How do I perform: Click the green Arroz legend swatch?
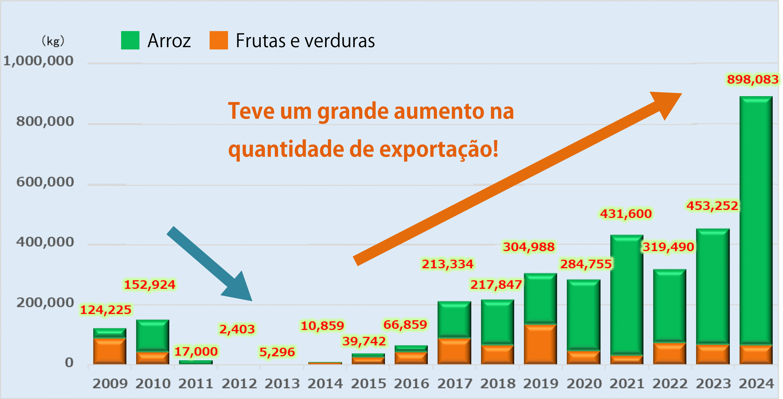point(130,40)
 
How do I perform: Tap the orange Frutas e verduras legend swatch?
point(218,40)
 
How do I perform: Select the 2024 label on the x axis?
point(756,384)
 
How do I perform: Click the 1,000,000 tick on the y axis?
point(38,61)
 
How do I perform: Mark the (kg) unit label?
point(53,41)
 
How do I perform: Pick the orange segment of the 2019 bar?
point(540,344)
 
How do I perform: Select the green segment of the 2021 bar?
point(627,295)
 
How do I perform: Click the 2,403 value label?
point(237,329)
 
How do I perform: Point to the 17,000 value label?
point(196,352)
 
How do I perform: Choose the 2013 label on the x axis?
point(282,384)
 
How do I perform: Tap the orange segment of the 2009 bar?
point(110,351)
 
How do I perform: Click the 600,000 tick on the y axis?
point(45,182)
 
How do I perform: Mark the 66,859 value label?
point(405,325)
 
